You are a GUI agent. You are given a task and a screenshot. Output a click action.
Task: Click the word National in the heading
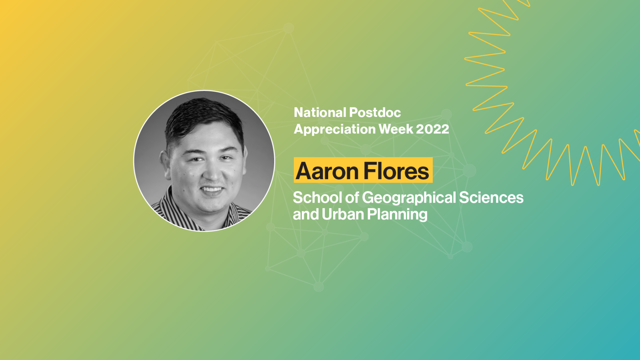[x=320, y=113]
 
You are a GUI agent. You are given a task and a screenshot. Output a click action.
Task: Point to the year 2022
[x=433, y=129]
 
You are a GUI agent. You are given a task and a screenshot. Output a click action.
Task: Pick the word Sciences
[x=491, y=198]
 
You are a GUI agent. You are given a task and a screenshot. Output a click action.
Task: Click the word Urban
[x=343, y=214]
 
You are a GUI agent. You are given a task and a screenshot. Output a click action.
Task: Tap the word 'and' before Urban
[x=306, y=214]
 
